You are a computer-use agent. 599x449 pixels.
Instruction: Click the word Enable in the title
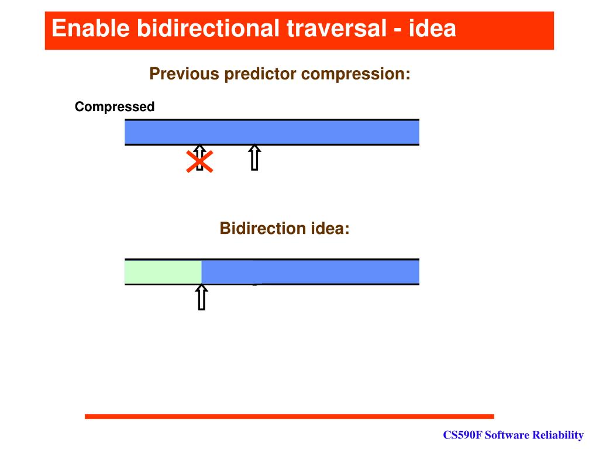pos(91,28)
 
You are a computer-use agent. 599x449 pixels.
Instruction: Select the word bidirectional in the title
pos(209,28)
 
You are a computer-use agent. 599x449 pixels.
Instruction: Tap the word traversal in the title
pos(337,28)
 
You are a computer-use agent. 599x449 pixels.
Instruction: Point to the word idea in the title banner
pos(432,28)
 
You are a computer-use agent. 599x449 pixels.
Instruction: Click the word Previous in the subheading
pos(184,74)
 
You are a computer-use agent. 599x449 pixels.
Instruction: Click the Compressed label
pos(115,107)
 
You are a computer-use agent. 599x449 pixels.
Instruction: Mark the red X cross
pos(199,161)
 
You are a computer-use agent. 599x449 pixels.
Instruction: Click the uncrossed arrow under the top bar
pos(254,157)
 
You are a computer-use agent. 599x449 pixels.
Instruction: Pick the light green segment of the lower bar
pos(163,272)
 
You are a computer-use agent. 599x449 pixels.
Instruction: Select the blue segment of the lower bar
pos(310,272)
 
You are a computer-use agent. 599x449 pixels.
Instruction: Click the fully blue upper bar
pos(272,132)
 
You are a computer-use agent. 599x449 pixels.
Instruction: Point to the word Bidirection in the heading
pos(263,229)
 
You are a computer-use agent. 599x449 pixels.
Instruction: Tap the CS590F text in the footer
pos(462,435)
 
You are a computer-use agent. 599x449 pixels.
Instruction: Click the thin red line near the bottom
pos(289,416)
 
